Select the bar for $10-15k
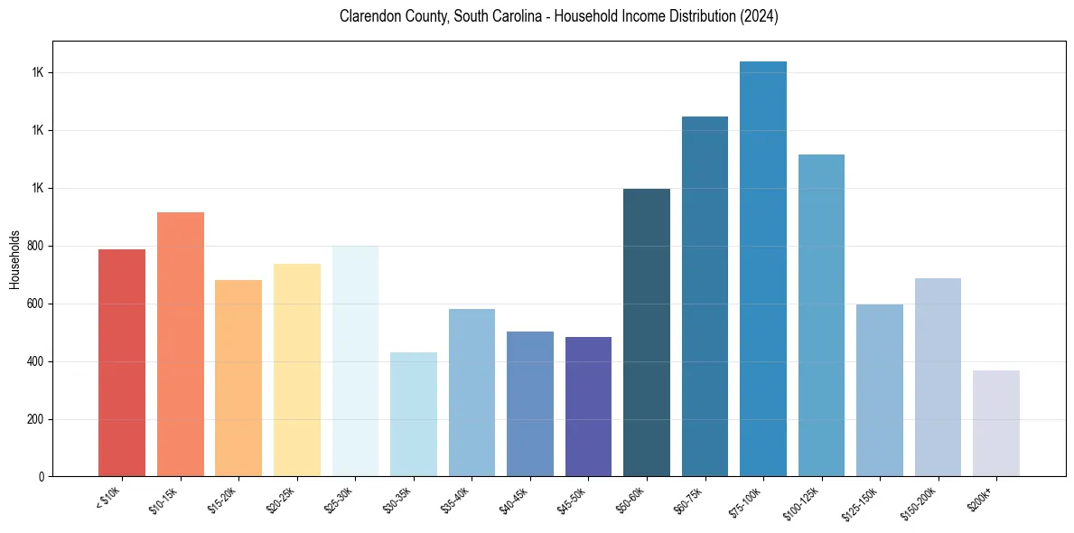pos(181,344)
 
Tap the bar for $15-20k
pos(238,379)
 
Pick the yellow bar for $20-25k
pos(297,370)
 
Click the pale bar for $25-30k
pos(355,361)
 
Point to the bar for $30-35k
pos(414,415)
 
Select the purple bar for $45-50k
pos(588,407)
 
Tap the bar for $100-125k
pos(821,315)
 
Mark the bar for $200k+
pos(996,424)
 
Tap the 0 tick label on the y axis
pos(41,477)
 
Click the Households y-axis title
pos(14,259)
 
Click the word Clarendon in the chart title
pos(369,16)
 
